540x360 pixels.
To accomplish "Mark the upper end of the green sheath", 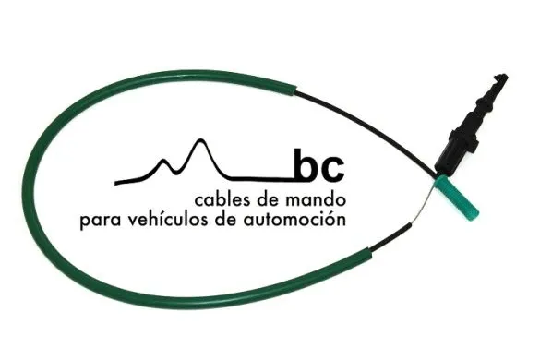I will point(294,88).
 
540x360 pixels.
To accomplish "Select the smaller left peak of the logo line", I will point(166,162).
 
